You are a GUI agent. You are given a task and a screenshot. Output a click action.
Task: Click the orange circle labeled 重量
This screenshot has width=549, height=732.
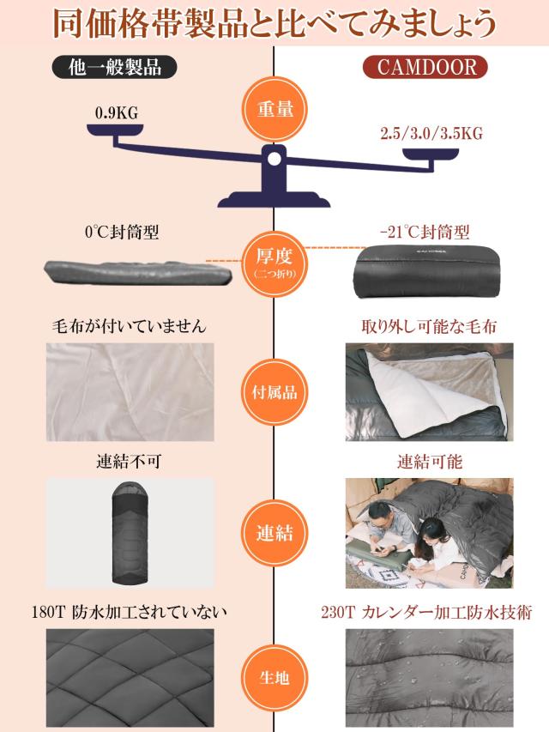[274, 110]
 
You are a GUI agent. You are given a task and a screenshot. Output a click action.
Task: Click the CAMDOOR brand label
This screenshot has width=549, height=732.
[425, 67]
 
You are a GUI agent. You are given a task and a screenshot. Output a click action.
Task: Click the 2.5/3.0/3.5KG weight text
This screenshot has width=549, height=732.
[431, 134]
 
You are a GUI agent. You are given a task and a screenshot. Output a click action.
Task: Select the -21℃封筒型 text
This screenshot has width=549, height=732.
[424, 232]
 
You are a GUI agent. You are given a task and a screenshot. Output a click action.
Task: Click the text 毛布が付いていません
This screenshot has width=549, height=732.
[130, 327]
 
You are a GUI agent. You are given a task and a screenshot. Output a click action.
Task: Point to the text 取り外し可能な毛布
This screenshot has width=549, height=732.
[429, 327]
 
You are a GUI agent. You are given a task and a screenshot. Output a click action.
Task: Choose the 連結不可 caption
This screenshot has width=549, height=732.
[129, 462]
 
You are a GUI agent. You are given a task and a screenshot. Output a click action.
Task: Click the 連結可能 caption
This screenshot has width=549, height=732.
[429, 462]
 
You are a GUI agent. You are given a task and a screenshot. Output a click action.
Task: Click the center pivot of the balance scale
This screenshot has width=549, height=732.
[274, 158]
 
